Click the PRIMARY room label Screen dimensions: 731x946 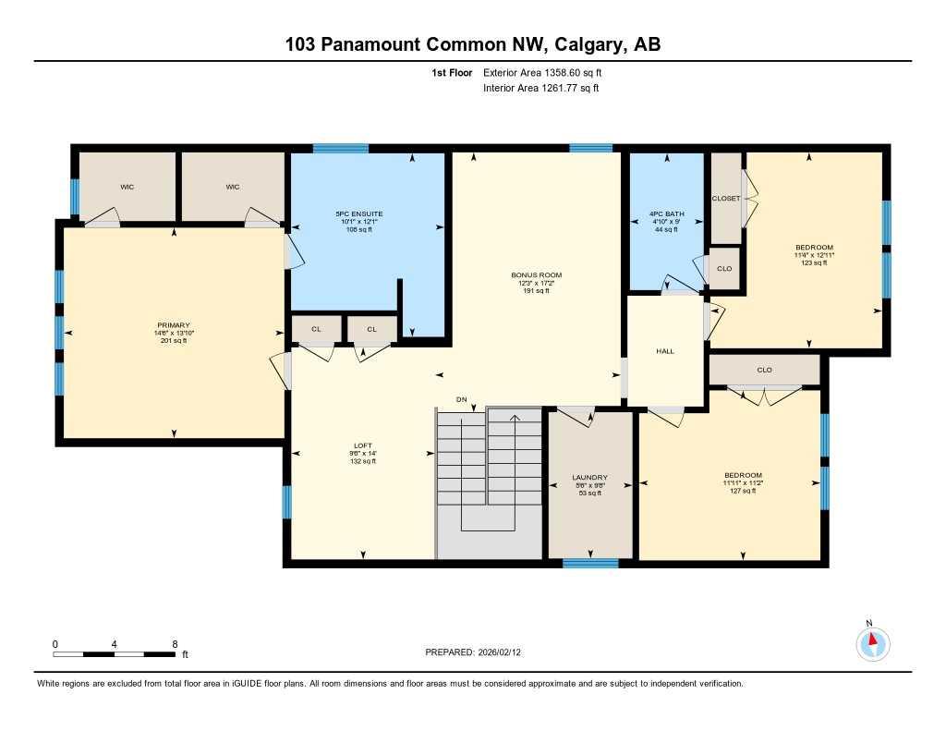point(173,325)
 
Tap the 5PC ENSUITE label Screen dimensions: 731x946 point(358,214)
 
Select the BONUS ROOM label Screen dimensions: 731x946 point(536,275)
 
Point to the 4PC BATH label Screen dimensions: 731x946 point(667,214)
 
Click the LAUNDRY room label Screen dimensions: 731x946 point(589,477)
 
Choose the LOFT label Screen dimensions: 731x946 point(362,445)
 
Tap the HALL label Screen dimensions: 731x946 point(665,351)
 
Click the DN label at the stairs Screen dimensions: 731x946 point(462,399)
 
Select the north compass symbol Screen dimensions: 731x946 point(871,640)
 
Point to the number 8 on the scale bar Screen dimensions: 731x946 point(175,643)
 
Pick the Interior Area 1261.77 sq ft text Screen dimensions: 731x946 point(541,89)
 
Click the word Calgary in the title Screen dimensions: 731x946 point(579,44)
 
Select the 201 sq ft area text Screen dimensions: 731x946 point(173,341)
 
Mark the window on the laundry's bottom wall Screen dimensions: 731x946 point(590,562)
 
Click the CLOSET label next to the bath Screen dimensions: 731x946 point(725,199)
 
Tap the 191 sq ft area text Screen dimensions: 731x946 point(536,291)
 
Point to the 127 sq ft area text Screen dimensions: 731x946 point(743,491)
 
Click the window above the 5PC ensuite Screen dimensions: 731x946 point(340,148)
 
